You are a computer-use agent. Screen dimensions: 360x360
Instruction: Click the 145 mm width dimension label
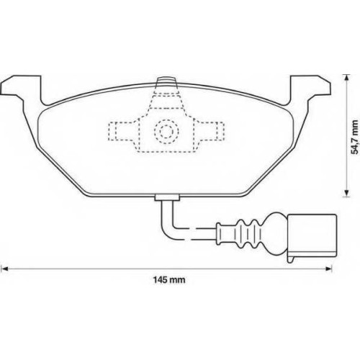(169, 280)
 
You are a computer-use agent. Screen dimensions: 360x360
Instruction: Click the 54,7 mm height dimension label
(354, 137)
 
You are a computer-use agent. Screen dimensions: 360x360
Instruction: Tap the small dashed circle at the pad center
(166, 131)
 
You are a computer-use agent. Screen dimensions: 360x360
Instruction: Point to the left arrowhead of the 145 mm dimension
(5, 269)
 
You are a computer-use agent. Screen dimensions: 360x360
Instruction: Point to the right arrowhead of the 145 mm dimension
(328, 269)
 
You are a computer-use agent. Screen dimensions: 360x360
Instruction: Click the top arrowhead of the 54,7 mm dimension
(346, 78)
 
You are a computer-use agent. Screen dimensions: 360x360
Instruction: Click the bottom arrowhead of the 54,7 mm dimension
(346, 193)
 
